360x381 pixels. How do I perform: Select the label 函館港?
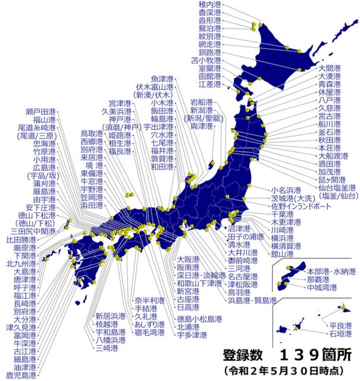pyautogui.click(x=210, y=77)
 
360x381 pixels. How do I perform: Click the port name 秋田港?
pyautogui.click(x=330, y=139)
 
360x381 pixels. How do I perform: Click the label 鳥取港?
pyautogui.click(x=92, y=133)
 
